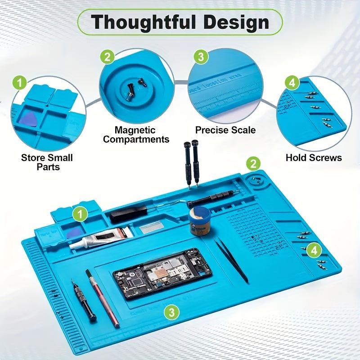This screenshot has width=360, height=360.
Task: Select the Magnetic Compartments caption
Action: tap(136, 135)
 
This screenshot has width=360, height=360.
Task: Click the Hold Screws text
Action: tap(314, 157)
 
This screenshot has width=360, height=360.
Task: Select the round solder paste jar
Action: tap(200, 223)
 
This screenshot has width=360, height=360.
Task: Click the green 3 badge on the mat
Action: tap(170, 311)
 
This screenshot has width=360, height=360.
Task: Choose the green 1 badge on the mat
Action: tap(80, 214)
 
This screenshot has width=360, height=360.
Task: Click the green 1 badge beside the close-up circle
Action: tap(19, 84)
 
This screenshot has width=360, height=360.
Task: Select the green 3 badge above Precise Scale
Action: tap(201, 57)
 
